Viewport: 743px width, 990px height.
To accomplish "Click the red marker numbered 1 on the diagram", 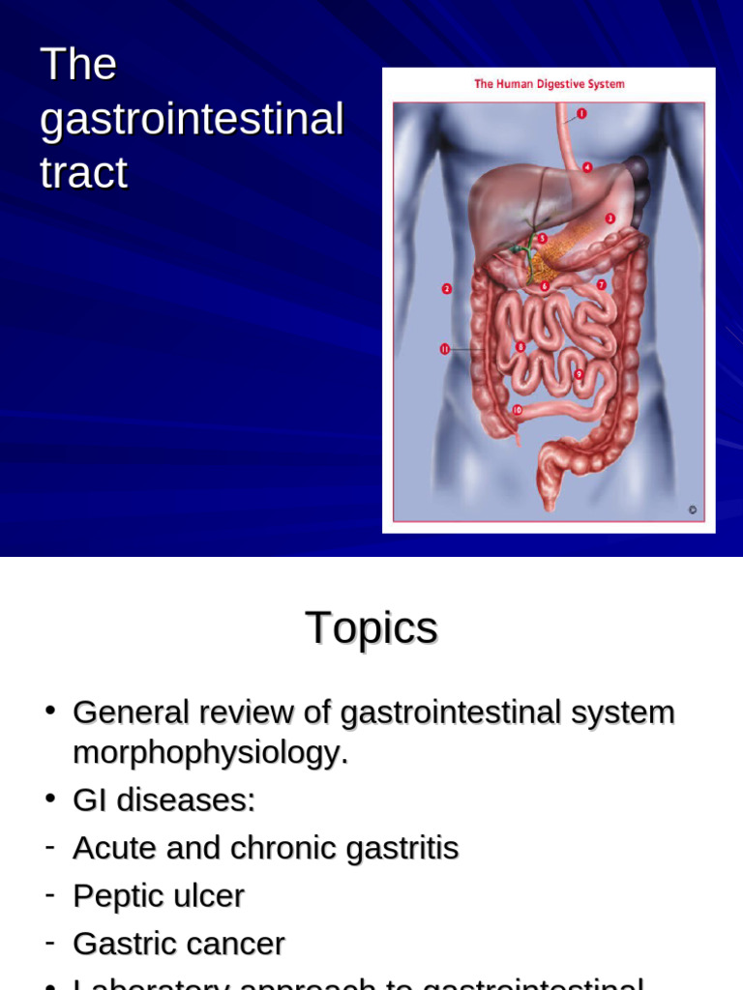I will point(581,113).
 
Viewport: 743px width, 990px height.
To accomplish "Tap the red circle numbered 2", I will point(446,288).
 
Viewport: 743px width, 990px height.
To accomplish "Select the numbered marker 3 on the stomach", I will point(610,218).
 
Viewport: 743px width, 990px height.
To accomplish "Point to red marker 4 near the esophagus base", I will point(587,167).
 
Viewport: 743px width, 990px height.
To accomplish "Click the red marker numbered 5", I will point(542,238).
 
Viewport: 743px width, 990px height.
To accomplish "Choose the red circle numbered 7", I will point(601,284).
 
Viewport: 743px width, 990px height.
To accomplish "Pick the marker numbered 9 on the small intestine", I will point(579,373).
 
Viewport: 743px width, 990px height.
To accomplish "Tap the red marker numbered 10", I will point(517,410).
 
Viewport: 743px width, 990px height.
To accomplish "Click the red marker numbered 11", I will point(445,349).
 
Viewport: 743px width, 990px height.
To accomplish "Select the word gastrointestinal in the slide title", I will point(192,120).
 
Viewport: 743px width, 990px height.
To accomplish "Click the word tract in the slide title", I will point(84,174).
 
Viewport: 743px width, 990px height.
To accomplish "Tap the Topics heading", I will point(371,628).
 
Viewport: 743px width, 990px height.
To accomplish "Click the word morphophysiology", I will point(209,753).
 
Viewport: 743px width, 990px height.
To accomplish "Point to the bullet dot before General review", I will point(49,711).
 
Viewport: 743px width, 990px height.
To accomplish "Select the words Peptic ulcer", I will point(159,896).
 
